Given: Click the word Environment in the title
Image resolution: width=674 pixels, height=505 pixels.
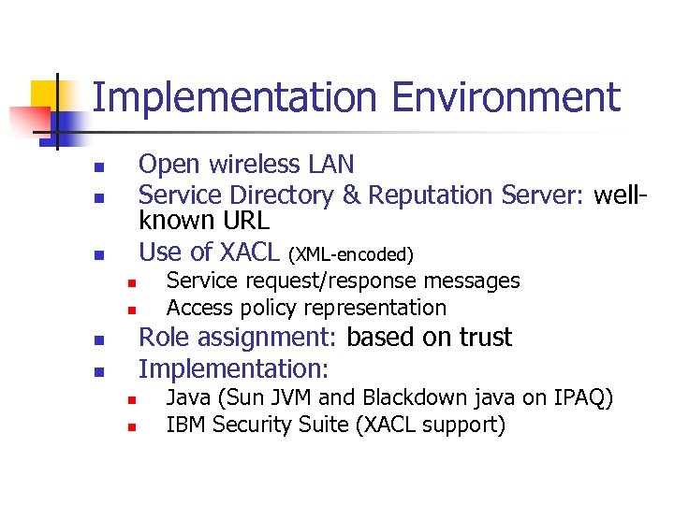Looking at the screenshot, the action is (505, 98).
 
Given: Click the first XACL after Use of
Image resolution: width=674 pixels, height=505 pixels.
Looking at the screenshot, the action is (250, 252).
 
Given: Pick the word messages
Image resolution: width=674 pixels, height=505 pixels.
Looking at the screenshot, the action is (475, 281).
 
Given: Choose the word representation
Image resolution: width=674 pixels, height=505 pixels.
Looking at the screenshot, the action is (378, 308).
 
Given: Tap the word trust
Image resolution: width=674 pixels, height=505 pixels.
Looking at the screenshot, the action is (479, 338).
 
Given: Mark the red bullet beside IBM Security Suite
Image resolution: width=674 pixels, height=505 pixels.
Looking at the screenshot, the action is (133, 427).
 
